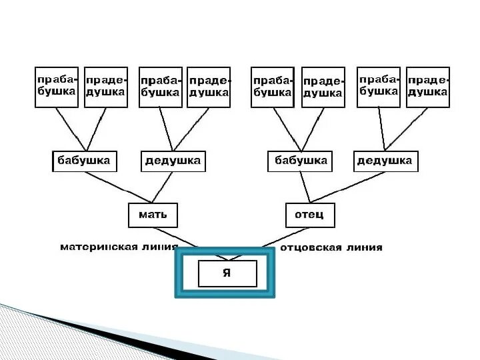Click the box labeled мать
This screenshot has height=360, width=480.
153,215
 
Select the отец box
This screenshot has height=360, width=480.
309,215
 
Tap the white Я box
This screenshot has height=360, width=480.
227,273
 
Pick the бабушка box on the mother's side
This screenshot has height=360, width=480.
84,161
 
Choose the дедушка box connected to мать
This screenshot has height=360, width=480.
173,161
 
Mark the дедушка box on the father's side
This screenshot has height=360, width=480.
385,161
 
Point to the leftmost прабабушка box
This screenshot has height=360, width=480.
56,87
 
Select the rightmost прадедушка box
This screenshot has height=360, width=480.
427,87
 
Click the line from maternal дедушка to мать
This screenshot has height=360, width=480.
165,187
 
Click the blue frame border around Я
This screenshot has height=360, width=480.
179,273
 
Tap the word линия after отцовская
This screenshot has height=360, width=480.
363,247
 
